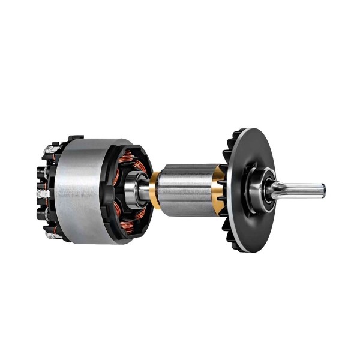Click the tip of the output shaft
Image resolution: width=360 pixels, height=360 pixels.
pyautogui.click(x=322, y=191)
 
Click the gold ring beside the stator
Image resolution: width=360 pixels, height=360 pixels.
pyautogui.click(x=155, y=190)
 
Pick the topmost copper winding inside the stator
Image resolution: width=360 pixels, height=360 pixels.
pyautogui.click(x=128, y=157)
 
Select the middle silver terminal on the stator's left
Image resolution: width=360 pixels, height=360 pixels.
pyautogui.click(x=42, y=194)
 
